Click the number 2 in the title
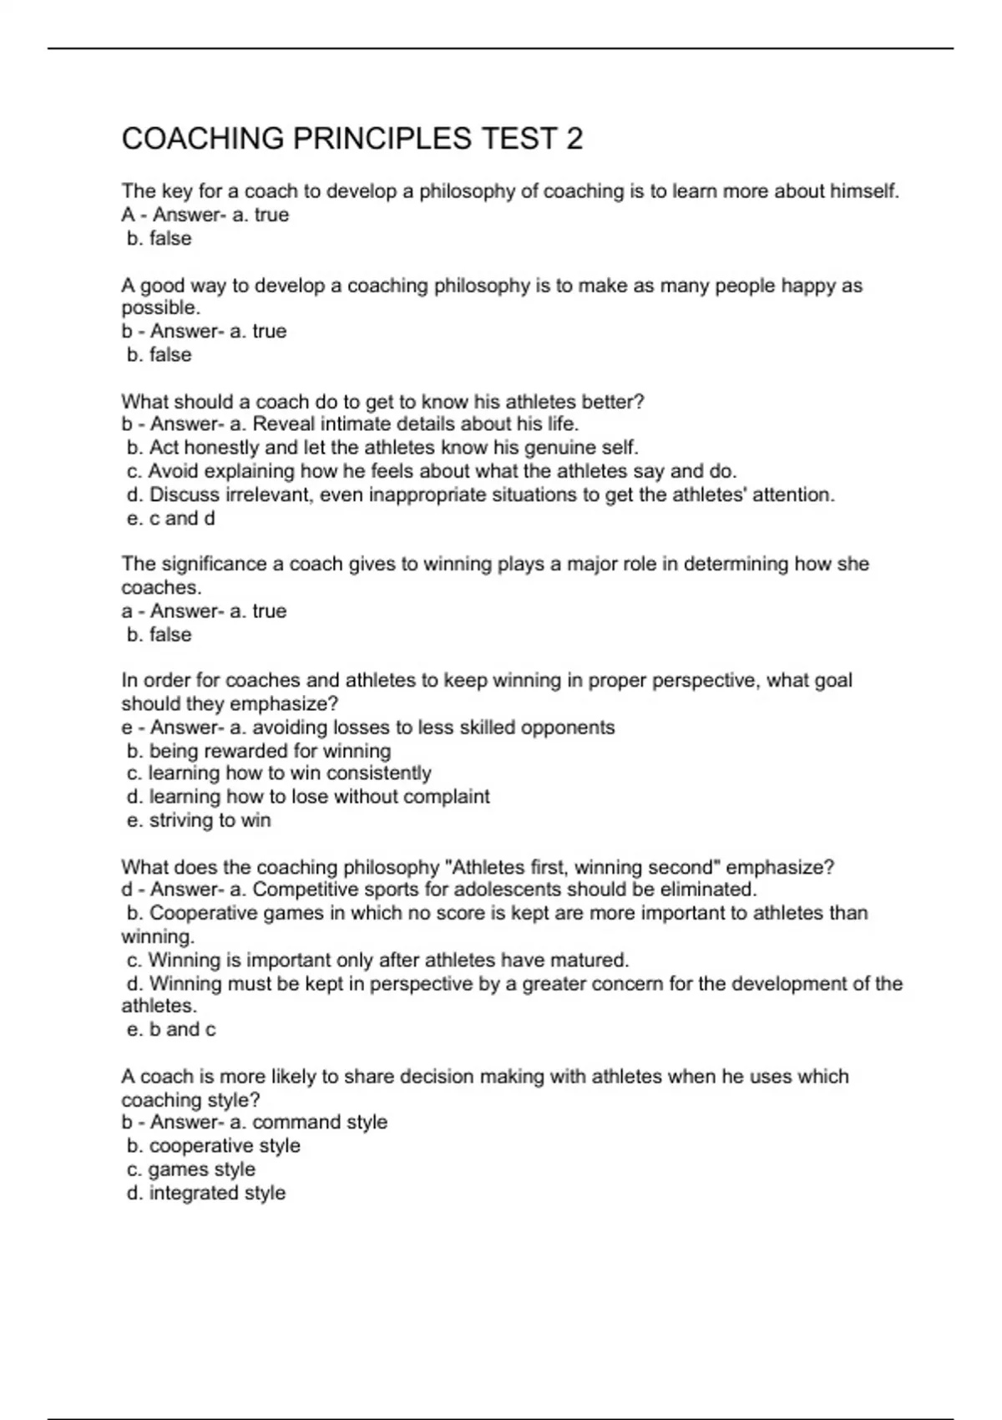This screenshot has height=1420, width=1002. tap(574, 139)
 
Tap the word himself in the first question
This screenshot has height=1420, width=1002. tap(863, 191)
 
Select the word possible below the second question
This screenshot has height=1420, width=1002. tap(160, 307)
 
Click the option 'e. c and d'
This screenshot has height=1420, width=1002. tap(170, 519)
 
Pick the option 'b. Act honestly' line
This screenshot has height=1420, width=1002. tap(382, 448)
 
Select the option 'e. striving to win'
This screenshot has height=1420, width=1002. tap(199, 821)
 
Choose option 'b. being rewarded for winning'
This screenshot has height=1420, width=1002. tap(259, 751)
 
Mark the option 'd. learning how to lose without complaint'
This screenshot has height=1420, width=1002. tap(308, 797)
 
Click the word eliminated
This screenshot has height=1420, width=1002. tap(705, 890)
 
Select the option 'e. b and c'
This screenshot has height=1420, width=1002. tap(171, 1030)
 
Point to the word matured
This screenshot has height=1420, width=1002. tap(595, 961)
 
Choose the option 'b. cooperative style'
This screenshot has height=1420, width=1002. tap(214, 1146)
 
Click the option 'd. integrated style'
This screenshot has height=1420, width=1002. tap(206, 1194)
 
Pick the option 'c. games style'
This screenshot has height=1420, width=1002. tap(191, 1170)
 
